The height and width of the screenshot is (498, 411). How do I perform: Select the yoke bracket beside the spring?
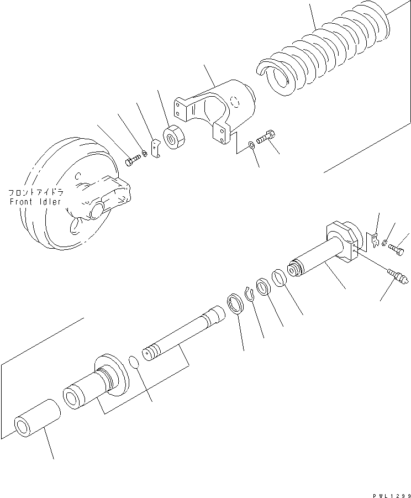pyautogui.click(x=215, y=108)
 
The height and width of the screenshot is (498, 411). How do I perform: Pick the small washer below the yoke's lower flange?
pyautogui.click(x=251, y=145)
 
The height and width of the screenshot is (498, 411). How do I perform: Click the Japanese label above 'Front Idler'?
pyautogui.click(x=35, y=192)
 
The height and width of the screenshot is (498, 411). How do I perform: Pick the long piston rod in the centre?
pyautogui.click(x=182, y=337)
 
